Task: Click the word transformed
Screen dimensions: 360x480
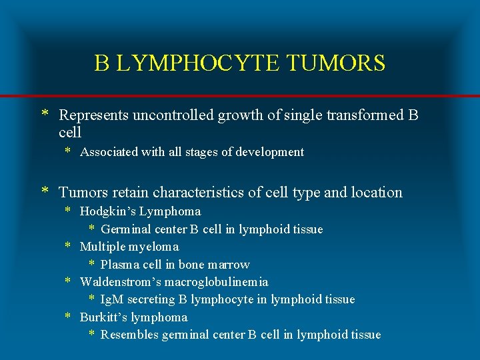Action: (365, 115)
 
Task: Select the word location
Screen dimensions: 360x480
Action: (372, 193)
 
